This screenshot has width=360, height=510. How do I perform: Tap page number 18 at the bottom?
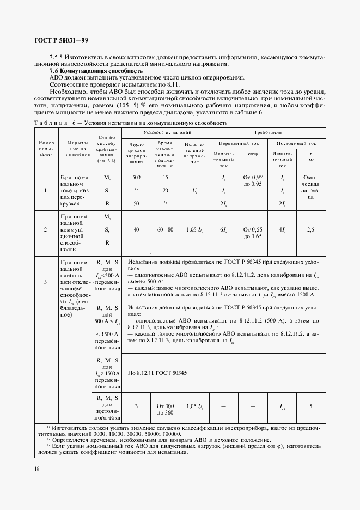[37, 469]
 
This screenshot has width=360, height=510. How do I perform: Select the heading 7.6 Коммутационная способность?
[96, 71]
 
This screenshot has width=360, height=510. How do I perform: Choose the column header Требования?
[267, 132]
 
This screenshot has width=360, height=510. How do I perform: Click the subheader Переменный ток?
[239, 143]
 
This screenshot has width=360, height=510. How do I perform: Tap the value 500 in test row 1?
[136, 178]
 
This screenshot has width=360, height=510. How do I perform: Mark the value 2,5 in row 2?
[310, 229]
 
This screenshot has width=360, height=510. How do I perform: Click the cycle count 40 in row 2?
[136, 229]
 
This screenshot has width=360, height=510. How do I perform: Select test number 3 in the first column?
[45, 282]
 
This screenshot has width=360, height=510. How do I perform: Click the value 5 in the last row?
[310, 406]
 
